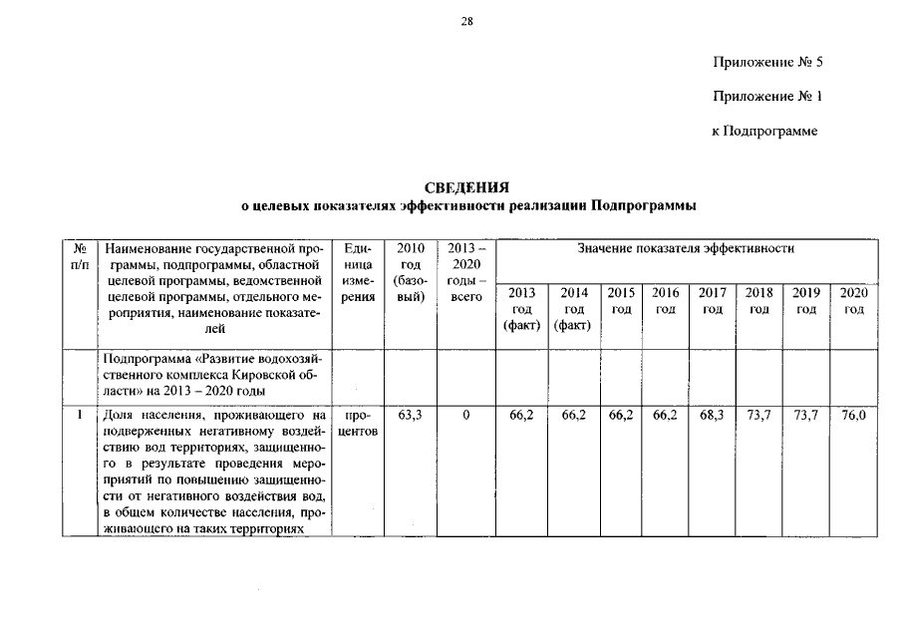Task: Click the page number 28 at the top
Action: tap(466, 22)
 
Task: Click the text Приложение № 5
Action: tap(767, 63)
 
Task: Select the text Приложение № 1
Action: tap(767, 97)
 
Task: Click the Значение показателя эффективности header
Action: tap(686, 248)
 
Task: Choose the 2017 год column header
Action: tap(712, 301)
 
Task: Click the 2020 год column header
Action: tap(854, 301)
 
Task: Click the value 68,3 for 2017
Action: tap(712, 414)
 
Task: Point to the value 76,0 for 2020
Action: tap(854, 414)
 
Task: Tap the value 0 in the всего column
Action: tap(465, 414)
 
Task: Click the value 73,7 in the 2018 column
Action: tap(759, 414)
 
